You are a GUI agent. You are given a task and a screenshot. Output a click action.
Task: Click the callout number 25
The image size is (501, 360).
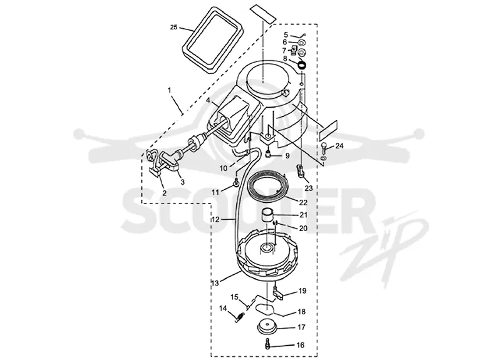pyautogui.click(x=173, y=27)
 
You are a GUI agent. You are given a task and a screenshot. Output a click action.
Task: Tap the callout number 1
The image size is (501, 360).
pyautogui.click(x=169, y=90)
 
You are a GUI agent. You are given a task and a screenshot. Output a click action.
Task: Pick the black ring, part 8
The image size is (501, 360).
pyautogui.click(x=302, y=65)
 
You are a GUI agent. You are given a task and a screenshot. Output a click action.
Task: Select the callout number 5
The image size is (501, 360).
pyautogui.click(x=286, y=34)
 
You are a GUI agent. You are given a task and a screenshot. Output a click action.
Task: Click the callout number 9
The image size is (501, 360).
pyautogui.click(x=287, y=156)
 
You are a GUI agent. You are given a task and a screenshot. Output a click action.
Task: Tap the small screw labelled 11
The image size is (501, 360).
pyautogui.click(x=237, y=183)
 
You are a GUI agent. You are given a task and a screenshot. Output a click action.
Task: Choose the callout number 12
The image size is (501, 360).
pyautogui.click(x=215, y=220)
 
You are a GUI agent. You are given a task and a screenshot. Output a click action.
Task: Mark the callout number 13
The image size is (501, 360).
pyautogui.click(x=215, y=283)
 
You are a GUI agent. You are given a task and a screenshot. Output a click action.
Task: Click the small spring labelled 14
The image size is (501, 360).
pyautogui.click(x=240, y=317)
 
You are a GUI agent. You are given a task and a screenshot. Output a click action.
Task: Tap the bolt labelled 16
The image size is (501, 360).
pyautogui.click(x=267, y=345)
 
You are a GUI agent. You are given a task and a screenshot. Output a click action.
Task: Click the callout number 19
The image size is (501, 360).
pyautogui.click(x=302, y=291)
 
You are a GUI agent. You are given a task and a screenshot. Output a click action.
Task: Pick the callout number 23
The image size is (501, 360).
pyautogui.click(x=308, y=188)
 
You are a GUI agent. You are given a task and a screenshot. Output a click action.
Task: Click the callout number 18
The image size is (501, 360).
pyautogui.click(x=301, y=312)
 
